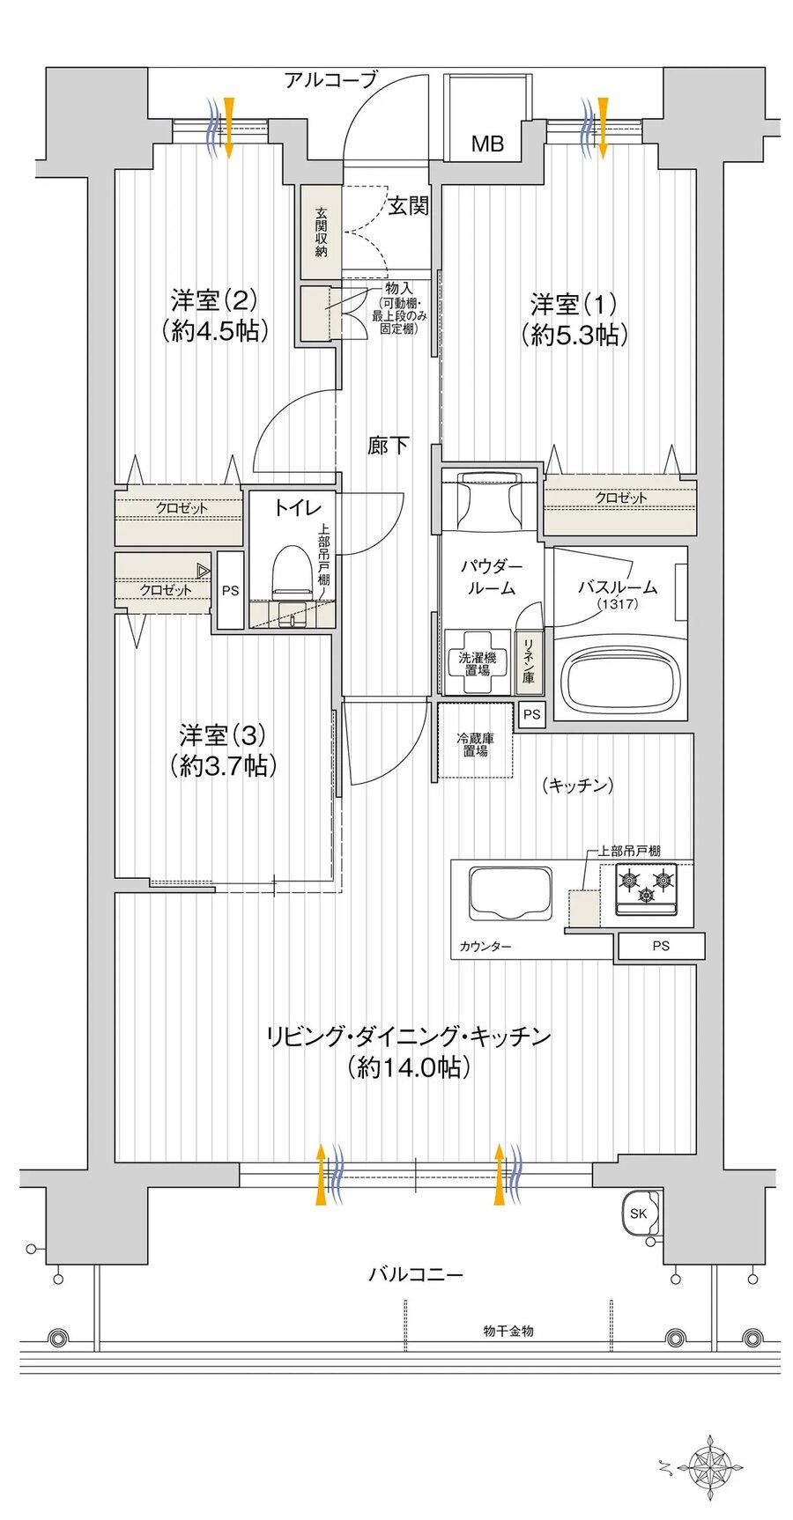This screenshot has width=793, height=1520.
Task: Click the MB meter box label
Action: coord(486,144)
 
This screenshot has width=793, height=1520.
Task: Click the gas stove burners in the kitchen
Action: coord(646,885)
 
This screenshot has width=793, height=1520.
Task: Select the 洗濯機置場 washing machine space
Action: coord(477,663)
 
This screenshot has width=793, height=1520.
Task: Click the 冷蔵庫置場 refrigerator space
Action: coord(475,744)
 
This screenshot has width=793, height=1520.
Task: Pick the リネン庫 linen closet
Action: coord(529,660)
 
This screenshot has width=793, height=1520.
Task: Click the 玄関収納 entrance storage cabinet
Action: coord(321,232)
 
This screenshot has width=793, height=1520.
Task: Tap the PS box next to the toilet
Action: coord(230,591)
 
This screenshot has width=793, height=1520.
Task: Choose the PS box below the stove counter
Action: coord(661,946)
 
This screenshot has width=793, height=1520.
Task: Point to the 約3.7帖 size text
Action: coord(223,765)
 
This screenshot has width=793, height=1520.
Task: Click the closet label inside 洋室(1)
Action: coord(620,498)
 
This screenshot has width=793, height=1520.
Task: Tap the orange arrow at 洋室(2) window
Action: coord(228,127)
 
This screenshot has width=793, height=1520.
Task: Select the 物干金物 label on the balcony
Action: coord(508,1331)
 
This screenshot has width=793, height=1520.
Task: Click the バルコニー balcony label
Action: coord(415,1274)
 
